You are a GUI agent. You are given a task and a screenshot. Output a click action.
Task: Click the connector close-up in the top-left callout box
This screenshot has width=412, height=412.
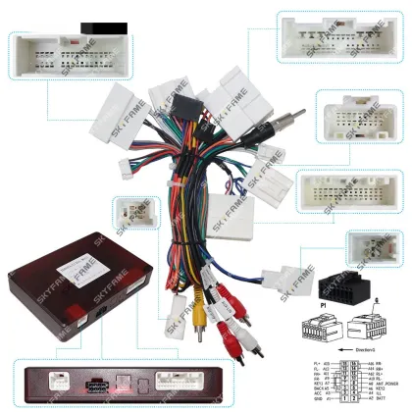coord(57,57)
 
